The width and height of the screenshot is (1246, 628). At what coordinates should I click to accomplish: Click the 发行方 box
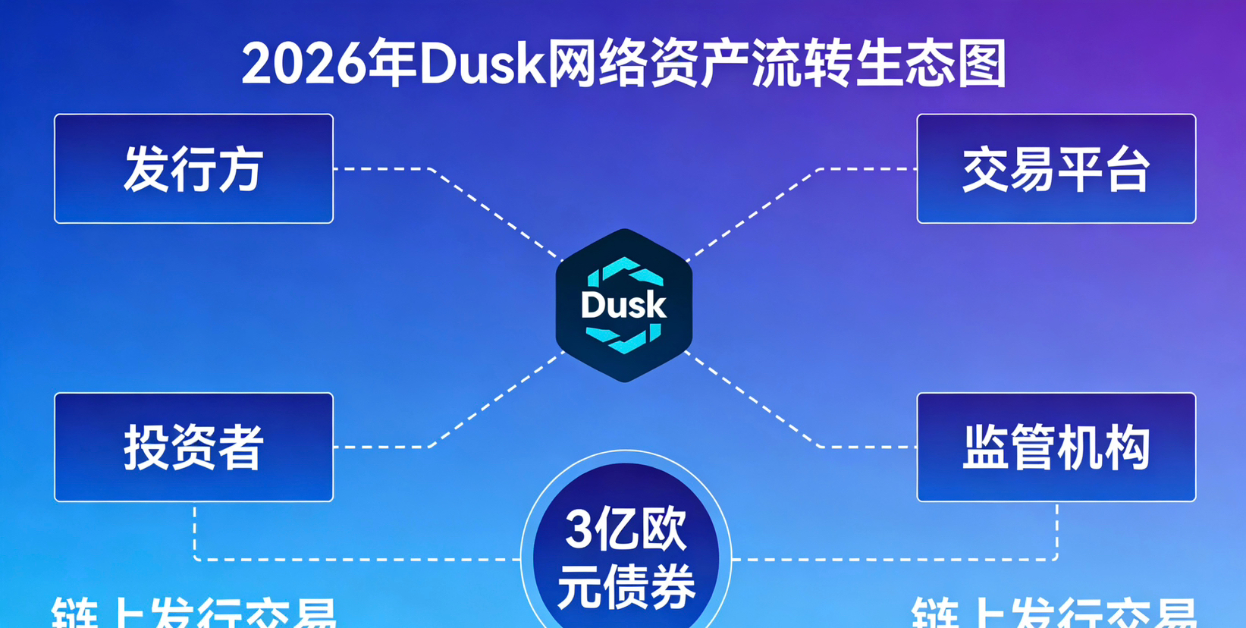click(x=193, y=168)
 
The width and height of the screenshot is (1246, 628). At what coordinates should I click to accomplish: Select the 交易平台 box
click(x=1056, y=168)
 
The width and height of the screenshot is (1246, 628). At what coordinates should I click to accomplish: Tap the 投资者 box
click(x=193, y=447)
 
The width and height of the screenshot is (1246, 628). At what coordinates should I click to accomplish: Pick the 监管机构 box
click(x=1056, y=447)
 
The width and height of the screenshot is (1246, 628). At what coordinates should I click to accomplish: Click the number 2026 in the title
click(x=303, y=64)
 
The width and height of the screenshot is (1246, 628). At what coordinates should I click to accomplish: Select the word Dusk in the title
click(x=482, y=64)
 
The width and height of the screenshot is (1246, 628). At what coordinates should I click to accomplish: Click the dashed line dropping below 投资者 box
click(x=195, y=531)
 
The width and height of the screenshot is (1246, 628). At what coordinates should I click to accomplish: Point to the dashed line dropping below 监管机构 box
click(x=1056, y=531)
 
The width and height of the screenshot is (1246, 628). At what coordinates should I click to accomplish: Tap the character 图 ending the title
click(x=981, y=64)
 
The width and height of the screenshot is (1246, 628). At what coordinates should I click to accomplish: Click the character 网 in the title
click(x=572, y=64)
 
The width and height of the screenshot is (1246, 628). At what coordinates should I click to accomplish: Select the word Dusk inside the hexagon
click(x=623, y=306)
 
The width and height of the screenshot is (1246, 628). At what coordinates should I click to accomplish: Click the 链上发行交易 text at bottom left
click(x=193, y=614)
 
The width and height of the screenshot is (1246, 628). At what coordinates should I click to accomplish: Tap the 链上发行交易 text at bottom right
click(x=1054, y=614)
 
